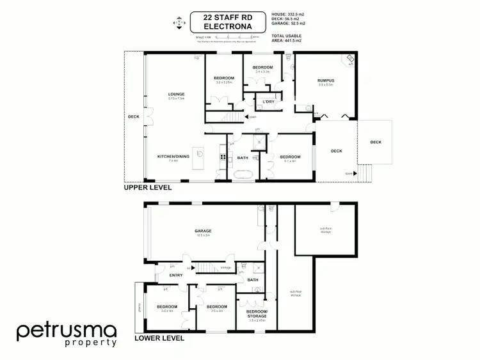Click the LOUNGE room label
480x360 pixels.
tap(176, 95)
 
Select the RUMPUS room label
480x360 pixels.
tap(326, 80)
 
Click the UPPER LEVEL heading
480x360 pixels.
tap(147, 189)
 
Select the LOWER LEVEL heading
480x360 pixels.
tap(159, 338)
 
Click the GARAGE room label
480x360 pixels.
tap(204, 231)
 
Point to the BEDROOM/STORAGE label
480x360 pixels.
tap(257, 313)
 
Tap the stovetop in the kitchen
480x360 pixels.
tap(223, 157)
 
